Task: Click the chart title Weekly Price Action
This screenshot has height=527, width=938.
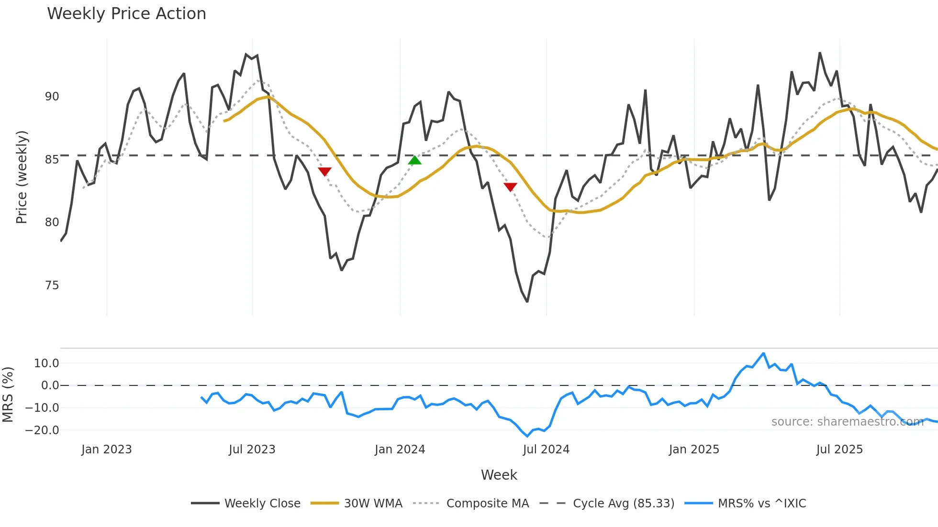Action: click(126, 14)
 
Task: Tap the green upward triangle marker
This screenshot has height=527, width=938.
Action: click(414, 160)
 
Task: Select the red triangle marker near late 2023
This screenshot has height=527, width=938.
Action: click(324, 171)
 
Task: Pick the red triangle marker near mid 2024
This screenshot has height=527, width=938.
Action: click(510, 187)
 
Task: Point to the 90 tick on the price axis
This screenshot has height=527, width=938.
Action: click(52, 97)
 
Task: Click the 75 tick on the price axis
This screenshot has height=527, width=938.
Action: click(52, 285)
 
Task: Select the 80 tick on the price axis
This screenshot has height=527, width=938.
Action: click(52, 222)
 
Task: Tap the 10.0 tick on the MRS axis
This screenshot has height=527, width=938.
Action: click(46, 363)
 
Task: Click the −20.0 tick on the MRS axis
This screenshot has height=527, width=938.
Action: click(42, 430)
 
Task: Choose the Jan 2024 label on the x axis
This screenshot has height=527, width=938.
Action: click(400, 450)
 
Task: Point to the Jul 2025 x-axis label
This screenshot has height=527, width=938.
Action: click(839, 450)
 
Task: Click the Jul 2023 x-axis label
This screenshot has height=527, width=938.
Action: click(252, 450)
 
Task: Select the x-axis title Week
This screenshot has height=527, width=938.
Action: click(499, 475)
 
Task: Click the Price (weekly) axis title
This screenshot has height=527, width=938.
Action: click(22, 177)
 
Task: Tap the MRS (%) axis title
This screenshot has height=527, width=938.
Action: click(8, 395)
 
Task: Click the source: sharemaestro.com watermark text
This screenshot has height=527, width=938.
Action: click(847, 422)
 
